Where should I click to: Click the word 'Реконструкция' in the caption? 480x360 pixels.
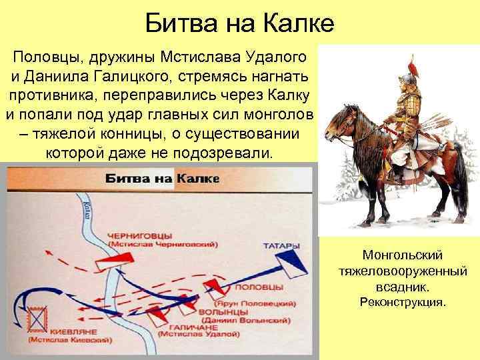tap(402, 303)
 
